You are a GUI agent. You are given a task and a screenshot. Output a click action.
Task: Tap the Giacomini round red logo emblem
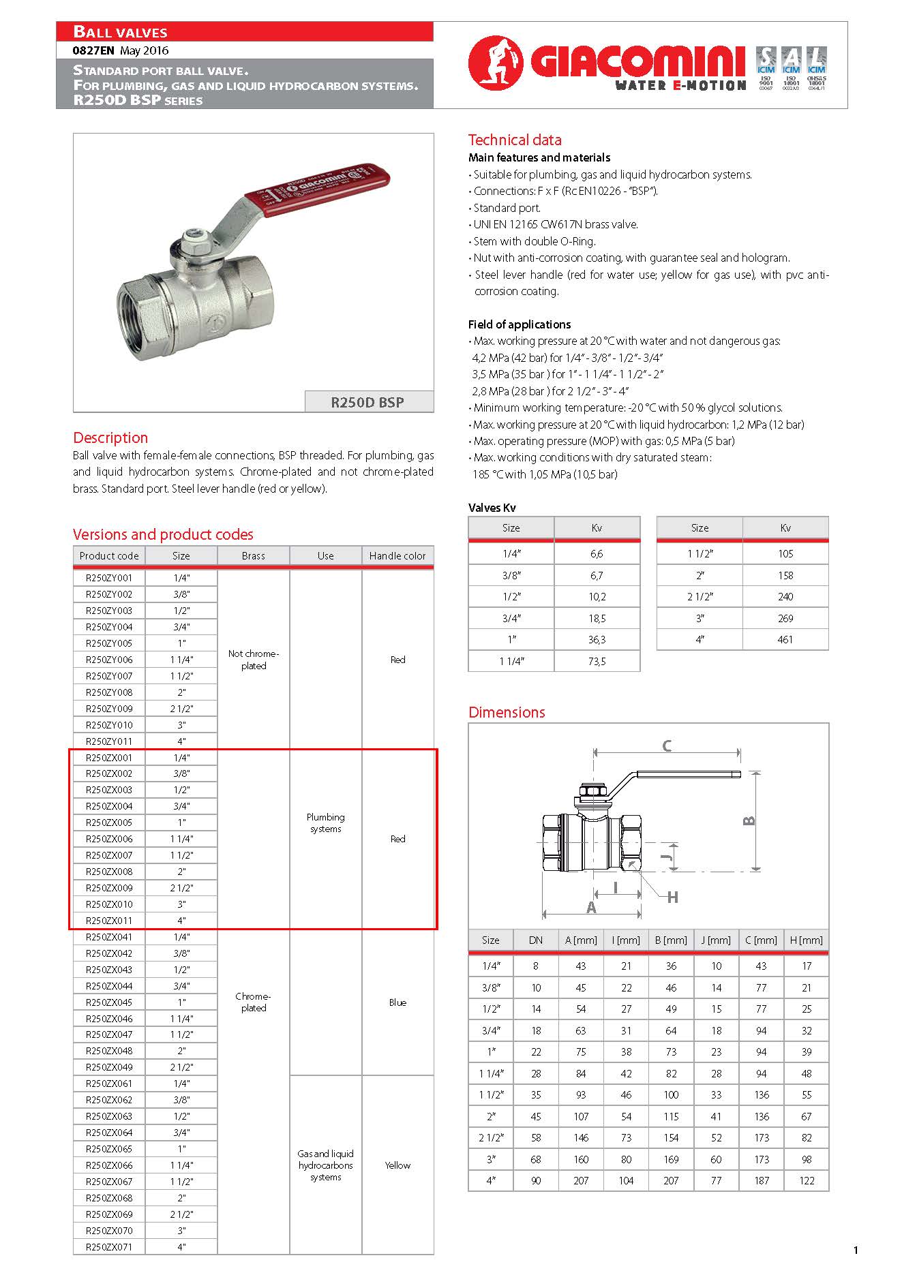click(x=495, y=63)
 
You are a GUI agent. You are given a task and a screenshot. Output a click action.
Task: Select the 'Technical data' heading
click(x=515, y=140)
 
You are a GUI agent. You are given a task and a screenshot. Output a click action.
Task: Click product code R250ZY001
click(x=109, y=578)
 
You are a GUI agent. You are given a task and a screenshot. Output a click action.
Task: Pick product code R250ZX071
click(x=109, y=1247)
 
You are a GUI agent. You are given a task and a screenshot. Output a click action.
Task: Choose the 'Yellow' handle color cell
click(x=397, y=1165)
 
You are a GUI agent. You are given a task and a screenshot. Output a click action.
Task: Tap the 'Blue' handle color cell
click(x=397, y=1002)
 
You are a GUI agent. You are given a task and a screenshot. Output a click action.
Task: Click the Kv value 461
click(x=785, y=640)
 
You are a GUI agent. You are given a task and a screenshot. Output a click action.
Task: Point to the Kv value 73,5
click(x=597, y=661)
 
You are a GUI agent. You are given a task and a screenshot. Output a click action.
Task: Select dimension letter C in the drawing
click(x=667, y=746)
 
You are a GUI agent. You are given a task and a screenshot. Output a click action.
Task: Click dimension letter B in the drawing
click(x=749, y=820)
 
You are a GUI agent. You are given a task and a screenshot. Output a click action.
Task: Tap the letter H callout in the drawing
click(x=673, y=897)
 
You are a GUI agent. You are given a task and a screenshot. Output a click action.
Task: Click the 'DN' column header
click(x=536, y=940)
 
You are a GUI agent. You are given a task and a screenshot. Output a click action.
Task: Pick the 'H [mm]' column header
click(x=807, y=940)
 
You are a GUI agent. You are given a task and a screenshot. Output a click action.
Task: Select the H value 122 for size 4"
click(x=807, y=1181)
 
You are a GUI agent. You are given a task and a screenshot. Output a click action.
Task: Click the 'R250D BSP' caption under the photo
click(x=367, y=402)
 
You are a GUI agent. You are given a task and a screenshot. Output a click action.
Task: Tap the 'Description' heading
click(x=110, y=437)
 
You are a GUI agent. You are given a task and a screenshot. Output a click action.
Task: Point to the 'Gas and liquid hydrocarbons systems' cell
click(x=326, y=1165)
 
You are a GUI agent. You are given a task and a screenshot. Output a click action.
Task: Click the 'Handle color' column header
click(x=397, y=556)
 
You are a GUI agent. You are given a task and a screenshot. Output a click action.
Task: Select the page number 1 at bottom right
click(x=856, y=1250)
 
